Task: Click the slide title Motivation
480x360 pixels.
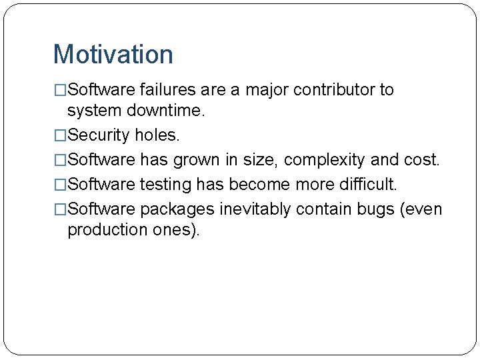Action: click(113, 55)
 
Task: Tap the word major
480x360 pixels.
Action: click(268, 90)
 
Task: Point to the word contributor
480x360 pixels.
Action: click(335, 90)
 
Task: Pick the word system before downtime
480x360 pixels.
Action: click(93, 111)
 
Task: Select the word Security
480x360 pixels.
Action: click(99, 135)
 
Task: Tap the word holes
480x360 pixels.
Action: click(157, 135)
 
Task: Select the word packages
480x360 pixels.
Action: click(177, 210)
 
